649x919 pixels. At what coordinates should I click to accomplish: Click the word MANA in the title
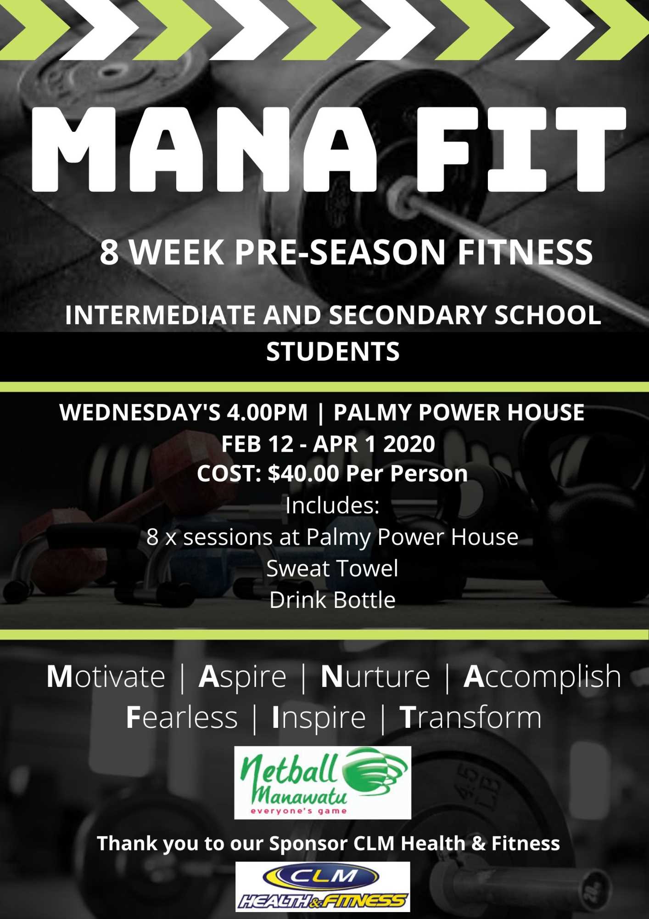[205, 149]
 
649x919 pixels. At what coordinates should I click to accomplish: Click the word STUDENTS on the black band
[333, 352]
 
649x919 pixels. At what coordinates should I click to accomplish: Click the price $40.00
[303, 473]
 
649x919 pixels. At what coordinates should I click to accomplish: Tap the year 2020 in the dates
[409, 444]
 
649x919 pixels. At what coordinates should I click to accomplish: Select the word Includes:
[332, 505]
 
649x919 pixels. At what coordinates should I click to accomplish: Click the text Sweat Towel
[332, 568]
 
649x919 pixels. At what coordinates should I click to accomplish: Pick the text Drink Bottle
[332, 600]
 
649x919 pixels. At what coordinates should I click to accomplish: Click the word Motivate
[106, 676]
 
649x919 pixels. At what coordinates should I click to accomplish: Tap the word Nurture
[375, 676]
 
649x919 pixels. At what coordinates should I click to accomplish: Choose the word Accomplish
[542, 676]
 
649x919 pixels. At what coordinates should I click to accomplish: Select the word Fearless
[182, 717]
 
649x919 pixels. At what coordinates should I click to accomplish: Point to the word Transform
[470, 717]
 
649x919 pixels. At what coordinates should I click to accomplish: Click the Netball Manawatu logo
[323, 783]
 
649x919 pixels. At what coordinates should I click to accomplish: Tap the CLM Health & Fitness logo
[323, 886]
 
